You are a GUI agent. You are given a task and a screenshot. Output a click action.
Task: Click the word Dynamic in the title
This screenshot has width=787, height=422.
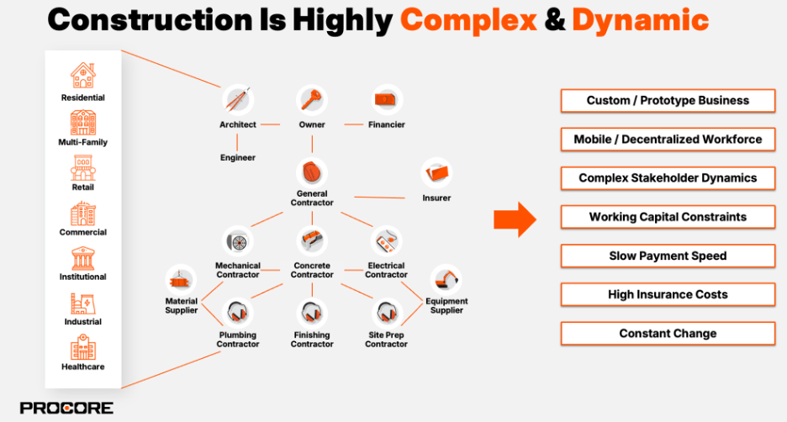pos(640,20)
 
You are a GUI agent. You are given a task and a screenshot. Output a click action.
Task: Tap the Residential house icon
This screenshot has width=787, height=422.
pos(82,76)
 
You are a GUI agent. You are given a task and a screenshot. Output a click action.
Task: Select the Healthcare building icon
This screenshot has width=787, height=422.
pos(82,346)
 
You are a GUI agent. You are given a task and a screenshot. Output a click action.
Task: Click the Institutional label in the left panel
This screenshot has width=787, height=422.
pos(82,277)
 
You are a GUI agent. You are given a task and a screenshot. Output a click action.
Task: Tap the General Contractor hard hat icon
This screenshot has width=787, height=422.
pos(312,172)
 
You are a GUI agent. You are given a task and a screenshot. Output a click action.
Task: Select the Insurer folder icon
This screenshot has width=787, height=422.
pos(436,173)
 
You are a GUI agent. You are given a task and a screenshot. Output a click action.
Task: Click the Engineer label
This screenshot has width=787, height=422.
pos(237,157)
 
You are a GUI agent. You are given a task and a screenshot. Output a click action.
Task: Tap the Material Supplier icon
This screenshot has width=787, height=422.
pos(182,279)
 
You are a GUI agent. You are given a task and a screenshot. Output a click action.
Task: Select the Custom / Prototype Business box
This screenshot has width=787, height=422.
pos(668,101)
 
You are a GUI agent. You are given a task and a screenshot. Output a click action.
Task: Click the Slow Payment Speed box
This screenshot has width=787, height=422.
pos(668,256)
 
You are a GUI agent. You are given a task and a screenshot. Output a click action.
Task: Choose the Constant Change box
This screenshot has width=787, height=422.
pos(668,334)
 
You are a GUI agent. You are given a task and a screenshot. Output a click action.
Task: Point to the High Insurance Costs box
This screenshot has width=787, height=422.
pos(668,294)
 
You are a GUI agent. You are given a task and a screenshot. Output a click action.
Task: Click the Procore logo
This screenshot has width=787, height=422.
pos(66,408)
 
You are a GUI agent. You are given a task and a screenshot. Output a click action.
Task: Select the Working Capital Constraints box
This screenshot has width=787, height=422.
pos(668,217)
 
